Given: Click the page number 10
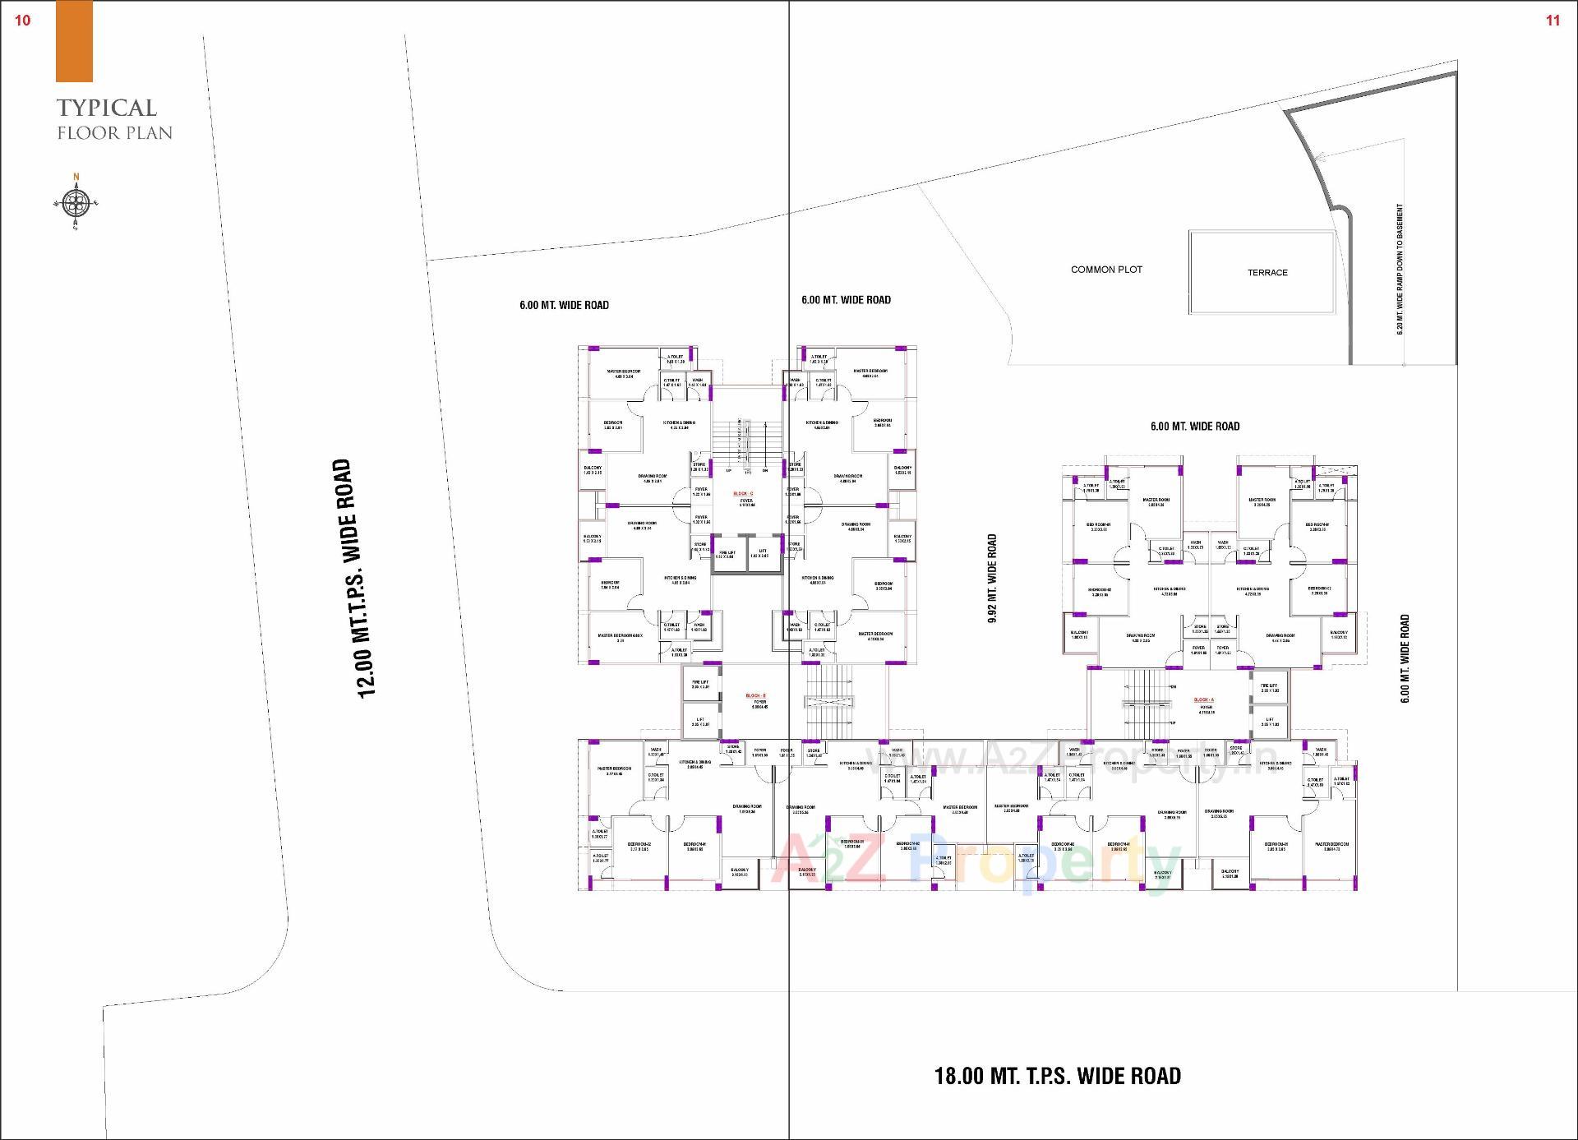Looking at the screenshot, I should pyautogui.click(x=23, y=21).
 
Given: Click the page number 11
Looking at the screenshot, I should pyautogui.click(x=1553, y=21).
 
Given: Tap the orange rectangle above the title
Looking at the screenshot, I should pyautogui.click(x=74, y=42).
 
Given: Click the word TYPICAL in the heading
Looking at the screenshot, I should pyautogui.click(x=107, y=108).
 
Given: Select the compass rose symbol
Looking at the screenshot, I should pyautogui.click(x=76, y=201).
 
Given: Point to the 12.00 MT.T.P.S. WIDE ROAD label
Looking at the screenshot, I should pyautogui.click(x=354, y=578).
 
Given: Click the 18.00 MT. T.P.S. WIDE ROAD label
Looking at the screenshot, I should pyautogui.click(x=1057, y=1076).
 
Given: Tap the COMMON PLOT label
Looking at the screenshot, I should pyautogui.click(x=1106, y=270).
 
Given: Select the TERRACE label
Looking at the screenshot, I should pyautogui.click(x=1267, y=273).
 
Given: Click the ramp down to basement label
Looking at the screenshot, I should pyautogui.click(x=1400, y=270).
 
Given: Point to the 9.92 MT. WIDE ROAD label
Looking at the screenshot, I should pyautogui.click(x=992, y=578).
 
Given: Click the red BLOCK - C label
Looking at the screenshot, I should pyautogui.click(x=743, y=493).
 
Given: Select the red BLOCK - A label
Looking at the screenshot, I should pyautogui.click(x=1203, y=700).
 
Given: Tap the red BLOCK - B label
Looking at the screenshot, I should pyautogui.click(x=755, y=695).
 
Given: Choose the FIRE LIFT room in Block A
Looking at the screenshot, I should pyautogui.click(x=1269, y=688).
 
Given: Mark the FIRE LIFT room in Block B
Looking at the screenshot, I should pyautogui.click(x=700, y=685).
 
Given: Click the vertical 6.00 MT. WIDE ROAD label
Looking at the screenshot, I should pyautogui.click(x=1405, y=658).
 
